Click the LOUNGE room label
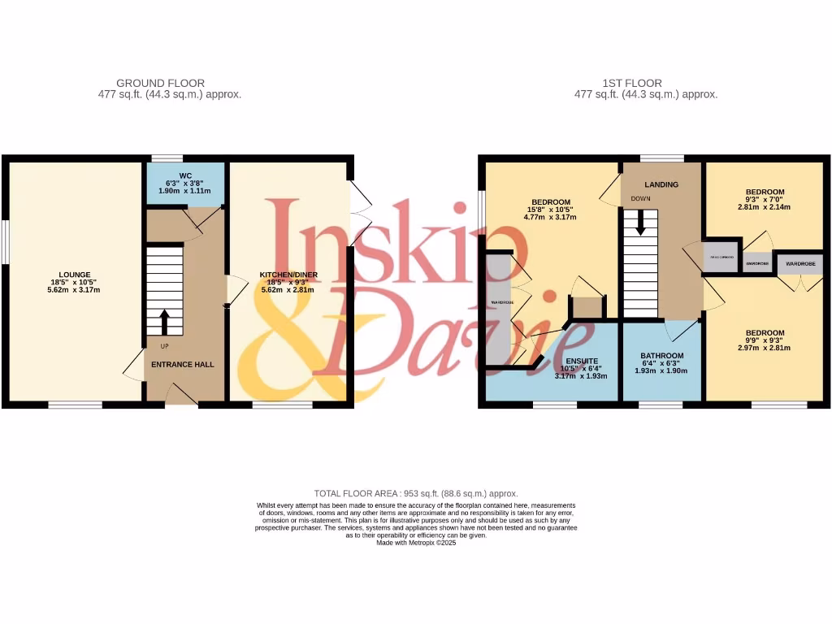pyautogui.click(x=74, y=275)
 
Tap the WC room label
pyautogui.click(x=185, y=175)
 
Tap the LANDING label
pyautogui.click(x=661, y=185)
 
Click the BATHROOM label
pyautogui.click(x=661, y=356)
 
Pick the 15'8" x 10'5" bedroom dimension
pyautogui.click(x=551, y=210)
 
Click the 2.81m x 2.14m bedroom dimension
pyautogui.click(x=765, y=207)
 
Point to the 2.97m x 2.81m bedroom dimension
pyautogui.click(x=765, y=348)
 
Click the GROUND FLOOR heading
pyautogui.click(x=160, y=83)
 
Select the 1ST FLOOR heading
pyautogui.click(x=631, y=83)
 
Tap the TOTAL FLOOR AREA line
pyautogui.click(x=416, y=493)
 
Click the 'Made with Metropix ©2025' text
pyautogui.click(x=416, y=543)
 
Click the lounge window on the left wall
pyautogui.click(x=4, y=241)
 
